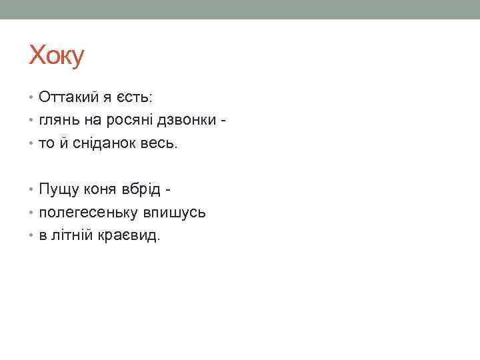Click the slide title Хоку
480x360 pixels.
(x=57, y=56)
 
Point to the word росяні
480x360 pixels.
(x=125, y=121)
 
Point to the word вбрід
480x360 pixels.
(x=143, y=190)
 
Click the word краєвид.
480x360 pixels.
(x=130, y=236)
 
